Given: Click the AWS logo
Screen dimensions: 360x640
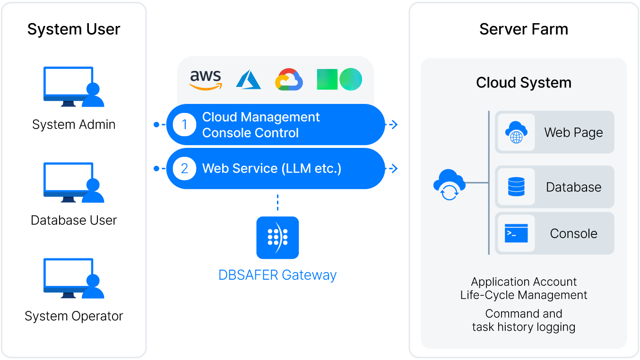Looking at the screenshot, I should coord(206,80).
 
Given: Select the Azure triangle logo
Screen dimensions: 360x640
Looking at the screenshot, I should coord(249,79).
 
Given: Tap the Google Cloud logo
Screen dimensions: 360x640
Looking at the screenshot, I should coord(289,79).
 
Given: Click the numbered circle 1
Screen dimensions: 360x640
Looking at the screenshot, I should coord(184,125).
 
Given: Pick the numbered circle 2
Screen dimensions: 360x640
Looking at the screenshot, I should coord(184,169).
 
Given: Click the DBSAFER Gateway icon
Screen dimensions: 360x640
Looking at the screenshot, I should coord(277,237).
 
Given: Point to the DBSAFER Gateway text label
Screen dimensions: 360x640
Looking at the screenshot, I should coord(277,275).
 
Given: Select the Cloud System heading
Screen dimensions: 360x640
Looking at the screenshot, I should coord(524,83).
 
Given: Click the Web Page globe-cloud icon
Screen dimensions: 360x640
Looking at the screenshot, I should coord(516,132).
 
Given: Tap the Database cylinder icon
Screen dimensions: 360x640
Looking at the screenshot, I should coord(516,187).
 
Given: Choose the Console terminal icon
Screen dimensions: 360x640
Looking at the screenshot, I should coord(516,233).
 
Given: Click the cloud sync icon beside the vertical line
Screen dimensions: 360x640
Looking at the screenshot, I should coord(449,184).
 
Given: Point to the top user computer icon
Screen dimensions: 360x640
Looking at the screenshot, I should coord(74,87).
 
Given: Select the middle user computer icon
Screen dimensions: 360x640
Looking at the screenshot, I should coord(74,182).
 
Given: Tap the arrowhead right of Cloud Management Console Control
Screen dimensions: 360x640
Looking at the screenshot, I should coord(394,125).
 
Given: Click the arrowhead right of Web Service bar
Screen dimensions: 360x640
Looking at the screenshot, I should coord(394,169).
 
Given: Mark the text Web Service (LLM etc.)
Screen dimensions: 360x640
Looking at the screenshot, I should coord(272,169).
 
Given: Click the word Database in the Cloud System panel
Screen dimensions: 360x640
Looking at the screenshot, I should coord(573,187).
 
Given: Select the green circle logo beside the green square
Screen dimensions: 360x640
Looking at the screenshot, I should coord(351,79).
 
